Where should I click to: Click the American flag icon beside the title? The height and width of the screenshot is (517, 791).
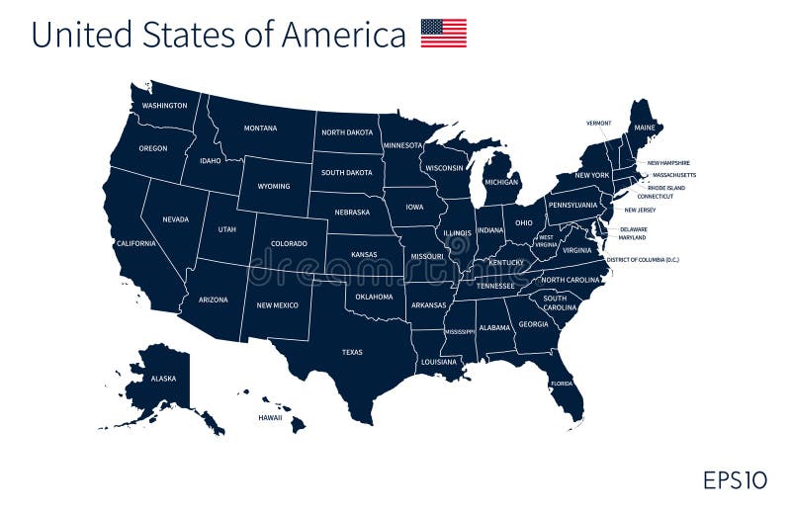pyautogui.click(x=443, y=34)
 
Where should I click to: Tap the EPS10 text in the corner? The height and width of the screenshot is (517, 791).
pyautogui.click(x=735, y=480)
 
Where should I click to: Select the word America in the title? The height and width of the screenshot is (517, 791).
pyautogui.click(x=343, y=35)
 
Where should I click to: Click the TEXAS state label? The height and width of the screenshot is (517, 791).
pyautogui.click(x=352, y=352)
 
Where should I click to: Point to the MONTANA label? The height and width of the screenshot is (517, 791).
pyautogui.click(x=260, y=129)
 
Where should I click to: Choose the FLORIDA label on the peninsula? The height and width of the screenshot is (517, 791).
pyautogui.click(x=562, y=384)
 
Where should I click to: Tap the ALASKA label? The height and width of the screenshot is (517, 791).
pyautogui.click(x=163, y=378)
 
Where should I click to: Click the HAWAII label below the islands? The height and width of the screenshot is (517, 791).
pyautogui.click(x=270, y=417)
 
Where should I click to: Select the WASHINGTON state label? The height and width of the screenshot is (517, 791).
pyautogui.click(x=164, y=106)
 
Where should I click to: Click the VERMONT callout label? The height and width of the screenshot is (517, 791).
pyautogui.click(x=598, y=124)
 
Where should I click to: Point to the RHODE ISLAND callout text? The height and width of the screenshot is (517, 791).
pyautogui.click(x=665, y=187)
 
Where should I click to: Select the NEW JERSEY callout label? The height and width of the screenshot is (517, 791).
pyautogui.click(x=640, y=210)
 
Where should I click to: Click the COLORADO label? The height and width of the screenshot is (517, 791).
pyautogui.click(x=289, y=243)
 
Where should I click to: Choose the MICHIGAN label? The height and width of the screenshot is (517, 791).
pyautogui.click(x=501, y=182)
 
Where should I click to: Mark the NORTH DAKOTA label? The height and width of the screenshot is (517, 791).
pyautogui.click(x=347, y=132)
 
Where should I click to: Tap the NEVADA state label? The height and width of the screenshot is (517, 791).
pyautogui.click(x=175, y=219)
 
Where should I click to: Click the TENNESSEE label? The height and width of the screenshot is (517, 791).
pyautogui.click(x=495, y=286)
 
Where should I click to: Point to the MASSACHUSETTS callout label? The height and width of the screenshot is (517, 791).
pyautogui.click(x=673, y=175)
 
